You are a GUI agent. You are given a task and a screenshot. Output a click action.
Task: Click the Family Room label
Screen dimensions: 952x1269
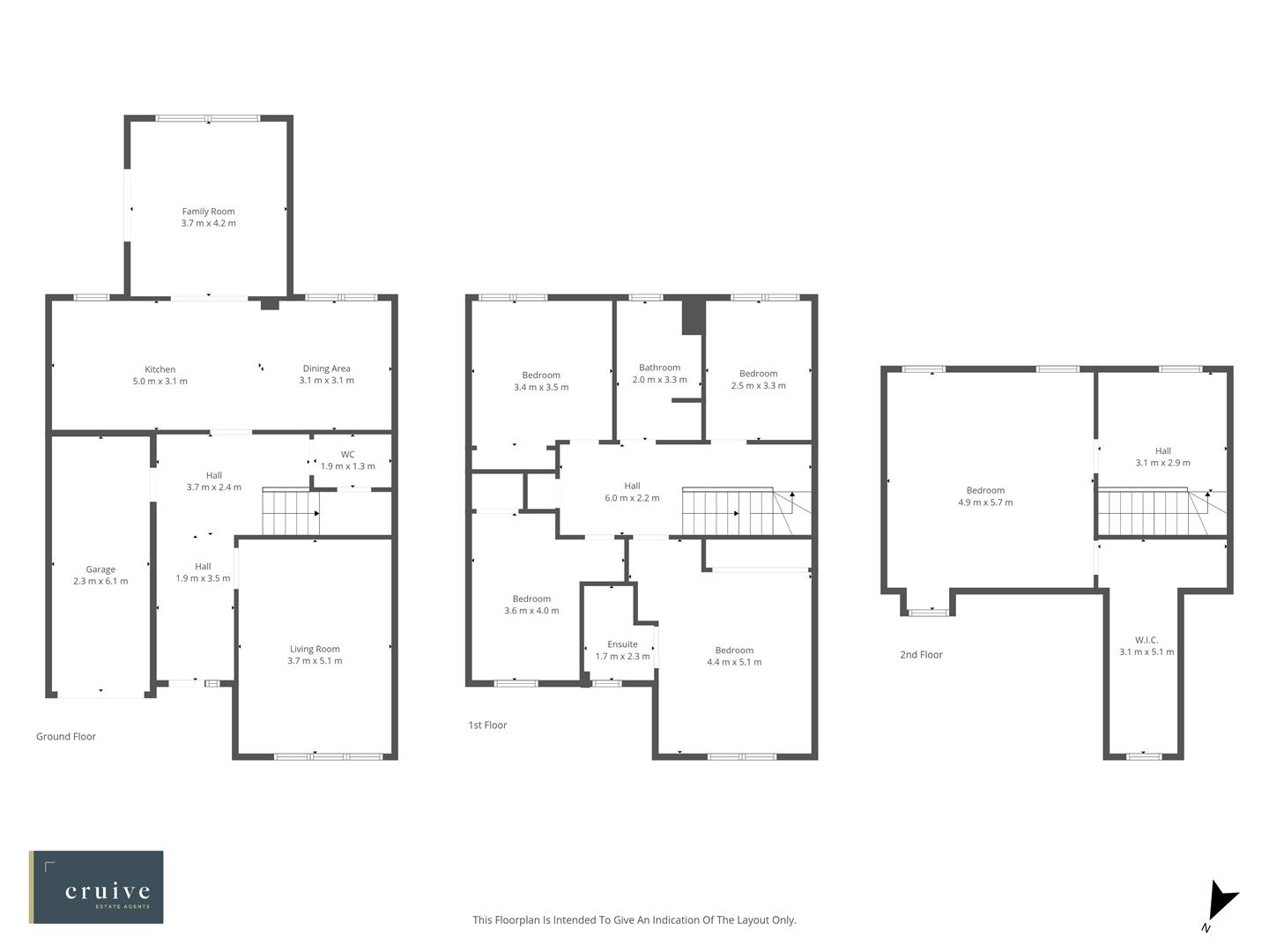click(x=208, y=212)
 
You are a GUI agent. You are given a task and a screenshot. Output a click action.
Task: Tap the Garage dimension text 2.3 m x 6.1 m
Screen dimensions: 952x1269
click(x=100, y=582)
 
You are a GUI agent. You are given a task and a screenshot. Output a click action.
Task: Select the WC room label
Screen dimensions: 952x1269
click(x=347, y=455)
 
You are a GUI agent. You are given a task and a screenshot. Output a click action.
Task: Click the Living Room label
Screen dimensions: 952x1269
click(x=315, y=650)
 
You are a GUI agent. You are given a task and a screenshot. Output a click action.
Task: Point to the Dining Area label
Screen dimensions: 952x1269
click(x=326, y=368)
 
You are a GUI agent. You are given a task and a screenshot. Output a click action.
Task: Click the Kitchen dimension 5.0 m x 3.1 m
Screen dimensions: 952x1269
click(x=160, y=382)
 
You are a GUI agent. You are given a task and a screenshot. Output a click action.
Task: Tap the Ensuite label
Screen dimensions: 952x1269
click(x=622, y=644)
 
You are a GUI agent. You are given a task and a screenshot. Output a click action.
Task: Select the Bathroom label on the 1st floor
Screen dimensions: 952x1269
click(x=659, y=368)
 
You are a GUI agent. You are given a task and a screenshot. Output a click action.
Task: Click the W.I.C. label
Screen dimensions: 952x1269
click(x=1147, y=640)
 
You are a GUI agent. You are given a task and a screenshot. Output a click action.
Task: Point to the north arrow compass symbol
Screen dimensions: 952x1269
click(x=1221, y=902)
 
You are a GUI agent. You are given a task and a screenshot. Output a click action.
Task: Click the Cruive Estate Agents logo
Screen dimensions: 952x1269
click(x=96, y=887)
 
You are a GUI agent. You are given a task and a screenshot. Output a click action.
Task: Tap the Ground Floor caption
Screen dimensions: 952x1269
click(x=66, y=736)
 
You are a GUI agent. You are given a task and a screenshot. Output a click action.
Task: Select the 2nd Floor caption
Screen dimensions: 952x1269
click(x=921, y=654)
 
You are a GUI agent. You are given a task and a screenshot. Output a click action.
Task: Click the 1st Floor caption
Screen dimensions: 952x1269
click(x=487, y=725)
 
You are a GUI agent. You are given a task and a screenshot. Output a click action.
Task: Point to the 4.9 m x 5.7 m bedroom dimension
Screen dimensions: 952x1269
click(x=985, y=502)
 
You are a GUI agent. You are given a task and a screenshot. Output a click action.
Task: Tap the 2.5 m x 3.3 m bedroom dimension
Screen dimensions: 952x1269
click(x=758, y=385)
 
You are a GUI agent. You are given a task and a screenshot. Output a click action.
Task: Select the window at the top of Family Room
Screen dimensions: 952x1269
click(x=208, y=118)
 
